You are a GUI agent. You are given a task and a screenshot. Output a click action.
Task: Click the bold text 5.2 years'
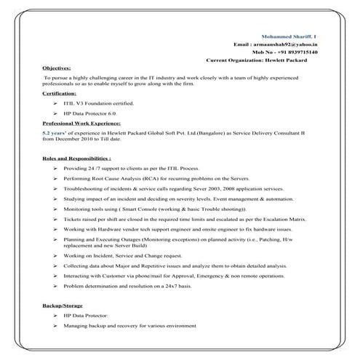point(57,134)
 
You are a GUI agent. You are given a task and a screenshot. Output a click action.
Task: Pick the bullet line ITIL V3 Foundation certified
point(99,104)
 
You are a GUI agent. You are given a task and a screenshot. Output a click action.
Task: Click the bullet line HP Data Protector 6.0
point(90,114)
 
